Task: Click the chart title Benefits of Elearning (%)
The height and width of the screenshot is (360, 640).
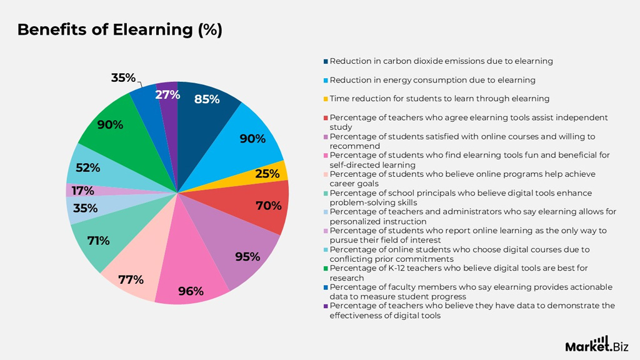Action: coord(119,30)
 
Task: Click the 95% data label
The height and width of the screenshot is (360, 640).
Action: coord(247,257)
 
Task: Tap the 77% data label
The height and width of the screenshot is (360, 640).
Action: coord(131,279)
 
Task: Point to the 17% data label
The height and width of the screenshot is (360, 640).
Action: coord(83,191)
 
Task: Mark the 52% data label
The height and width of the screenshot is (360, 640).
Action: coord(87,167)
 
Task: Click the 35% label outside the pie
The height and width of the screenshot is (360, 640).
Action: coord(123,78)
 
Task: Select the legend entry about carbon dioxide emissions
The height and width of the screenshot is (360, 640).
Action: coord(441,61)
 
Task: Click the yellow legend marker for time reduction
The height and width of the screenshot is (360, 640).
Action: coord(326,99)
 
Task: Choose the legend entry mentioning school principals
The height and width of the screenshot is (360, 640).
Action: coord(461,197)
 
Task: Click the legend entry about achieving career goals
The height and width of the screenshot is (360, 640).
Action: coord(462,179)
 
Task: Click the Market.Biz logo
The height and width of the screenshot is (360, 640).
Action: coord(596,344)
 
